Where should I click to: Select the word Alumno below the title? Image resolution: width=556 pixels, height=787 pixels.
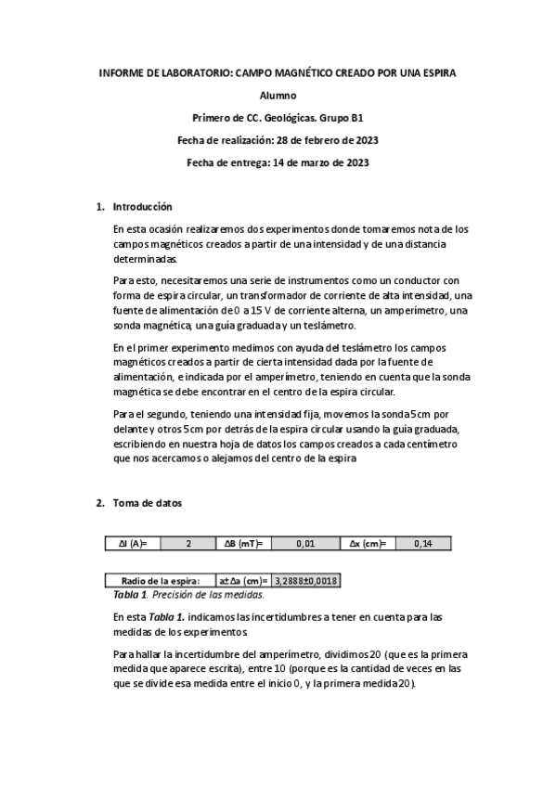278,96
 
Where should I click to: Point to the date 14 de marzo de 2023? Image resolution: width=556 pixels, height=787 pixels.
320,162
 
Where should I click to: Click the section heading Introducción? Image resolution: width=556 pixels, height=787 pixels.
142,206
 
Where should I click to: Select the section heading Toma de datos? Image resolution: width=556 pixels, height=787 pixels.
148,503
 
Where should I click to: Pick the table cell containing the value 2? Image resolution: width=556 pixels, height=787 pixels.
188,543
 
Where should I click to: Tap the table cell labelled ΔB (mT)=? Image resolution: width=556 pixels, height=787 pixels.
244,543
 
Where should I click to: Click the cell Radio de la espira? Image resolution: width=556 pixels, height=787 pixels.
154,581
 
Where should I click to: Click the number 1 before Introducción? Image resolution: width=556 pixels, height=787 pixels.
99,206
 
